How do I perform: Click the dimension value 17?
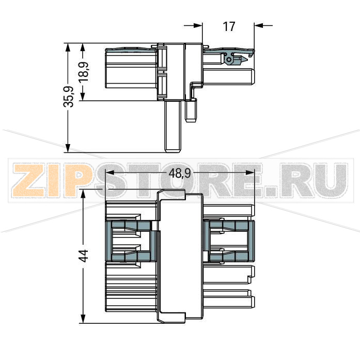click(229, 26)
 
